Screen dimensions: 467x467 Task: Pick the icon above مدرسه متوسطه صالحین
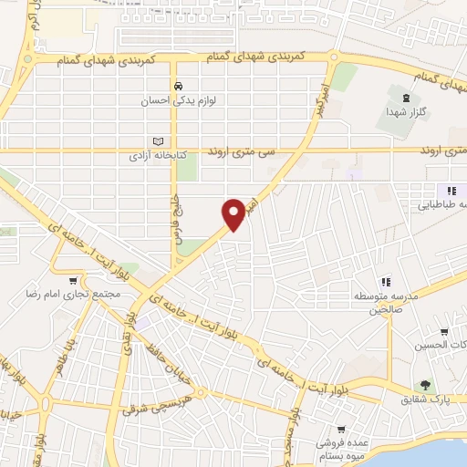click(x=385, y=282)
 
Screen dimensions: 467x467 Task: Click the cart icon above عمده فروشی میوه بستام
click(x=340, y=428)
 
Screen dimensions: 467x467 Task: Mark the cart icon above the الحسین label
click(x=443, y=331)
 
